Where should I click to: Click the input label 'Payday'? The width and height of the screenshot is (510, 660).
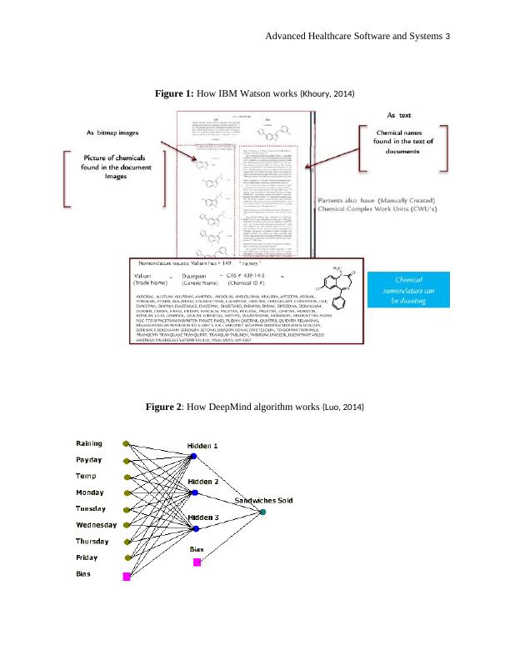(91, 460)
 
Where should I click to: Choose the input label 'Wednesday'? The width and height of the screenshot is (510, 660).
(97, 525)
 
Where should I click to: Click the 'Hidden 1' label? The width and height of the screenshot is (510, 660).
(202, 446)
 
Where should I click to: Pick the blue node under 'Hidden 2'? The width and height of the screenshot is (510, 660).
(194, 493)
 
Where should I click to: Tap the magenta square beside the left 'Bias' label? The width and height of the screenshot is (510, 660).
(127, 577)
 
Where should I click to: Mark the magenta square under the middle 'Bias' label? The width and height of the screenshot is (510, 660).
(197, 562)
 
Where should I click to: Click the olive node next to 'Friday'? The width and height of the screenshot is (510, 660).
(127, 558)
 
